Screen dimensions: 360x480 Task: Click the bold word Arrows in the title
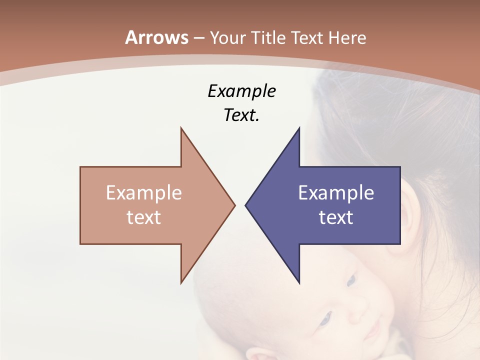point(157,37)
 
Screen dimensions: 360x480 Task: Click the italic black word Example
point(241,91)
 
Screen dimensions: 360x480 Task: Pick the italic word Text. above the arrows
point(241,115)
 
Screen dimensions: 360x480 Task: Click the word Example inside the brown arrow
point(144,193)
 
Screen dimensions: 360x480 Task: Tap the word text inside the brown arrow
point(144,217)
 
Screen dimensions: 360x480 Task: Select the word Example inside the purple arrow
point(336,193)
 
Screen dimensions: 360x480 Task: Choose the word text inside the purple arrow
point(336,217)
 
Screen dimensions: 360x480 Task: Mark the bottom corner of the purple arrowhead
point(299,282)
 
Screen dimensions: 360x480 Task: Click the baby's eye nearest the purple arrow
point(351,280)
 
